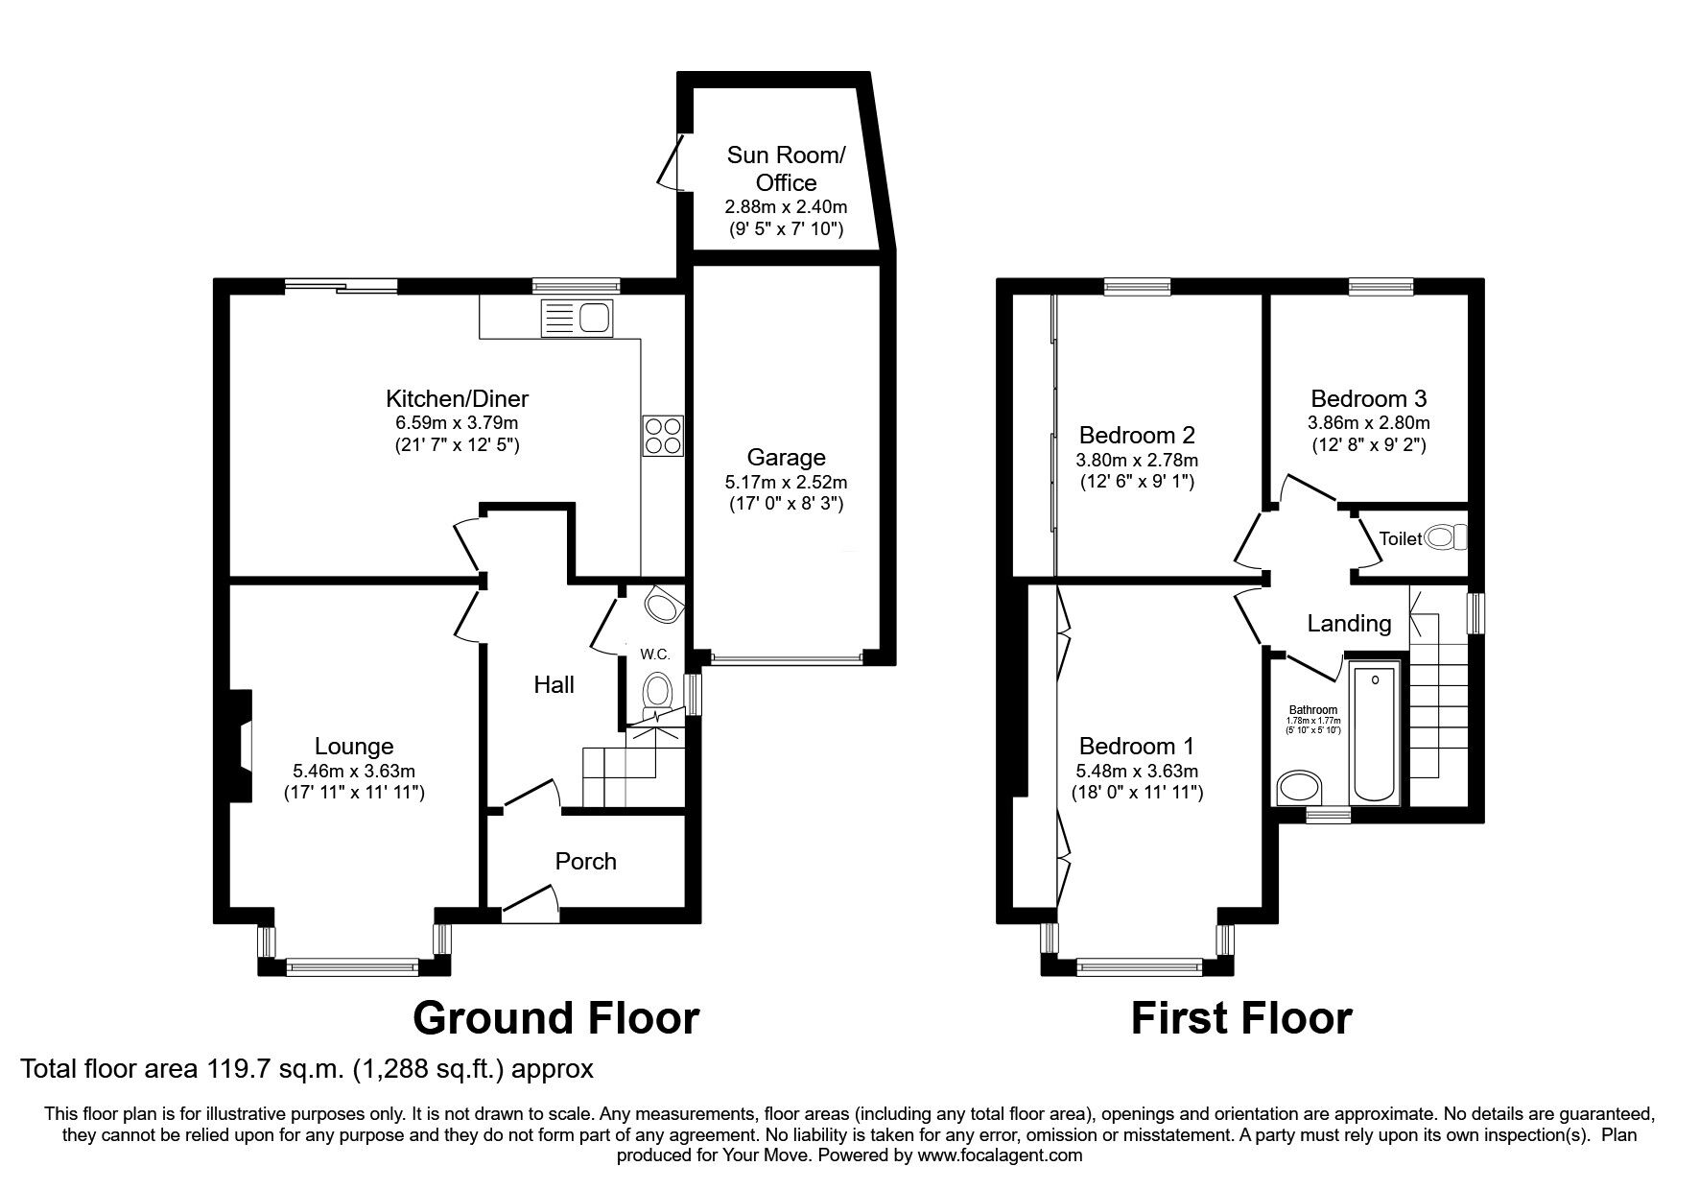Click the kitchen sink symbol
coord(577,318)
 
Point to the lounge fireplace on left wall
coord(239,745)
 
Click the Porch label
coord(585,861)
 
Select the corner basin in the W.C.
coord(664,605)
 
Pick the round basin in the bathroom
coord(1299,789)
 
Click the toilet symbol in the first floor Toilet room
coord(1446,537)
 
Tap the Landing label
coord(1349,624)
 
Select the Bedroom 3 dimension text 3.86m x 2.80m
coord(1368,422)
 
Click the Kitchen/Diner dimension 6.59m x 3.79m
coord(457,422)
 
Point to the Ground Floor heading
coord(555,1017)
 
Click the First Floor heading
coord(1241,1017)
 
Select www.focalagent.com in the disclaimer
coord(1000,1155)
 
